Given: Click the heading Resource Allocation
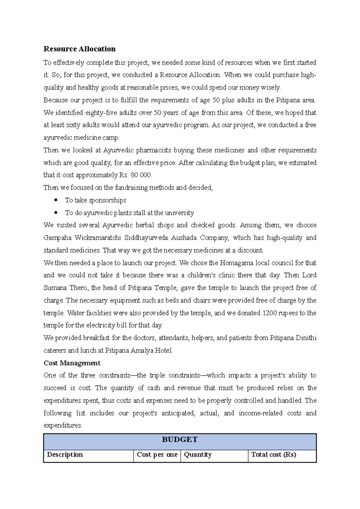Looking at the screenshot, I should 79,49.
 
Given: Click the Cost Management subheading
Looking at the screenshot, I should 72,363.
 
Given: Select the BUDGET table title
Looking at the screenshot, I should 180,440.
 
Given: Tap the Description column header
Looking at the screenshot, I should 65,455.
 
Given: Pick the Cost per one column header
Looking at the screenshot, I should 157,455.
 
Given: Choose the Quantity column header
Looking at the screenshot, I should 198,455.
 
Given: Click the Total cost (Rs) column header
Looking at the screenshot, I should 274,455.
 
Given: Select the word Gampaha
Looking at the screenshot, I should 58,238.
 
